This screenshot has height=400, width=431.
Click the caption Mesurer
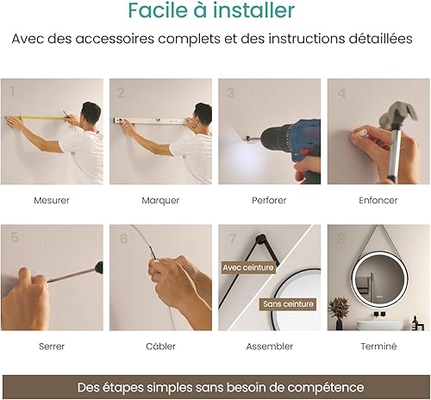(x=52, y=200)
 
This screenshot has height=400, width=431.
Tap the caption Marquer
(x=160, y=200)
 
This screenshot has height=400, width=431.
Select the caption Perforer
(x=269, y=200)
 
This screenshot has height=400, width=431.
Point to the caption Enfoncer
(x=378, y=200)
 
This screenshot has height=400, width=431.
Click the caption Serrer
(x=52, y=347)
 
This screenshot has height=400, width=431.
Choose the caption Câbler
(x=160, y=346)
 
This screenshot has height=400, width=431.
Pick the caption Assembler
(x=270, y=347)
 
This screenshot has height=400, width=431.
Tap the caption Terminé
(x=378, y=346)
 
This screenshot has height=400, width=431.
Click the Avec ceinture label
(x=248, y=267)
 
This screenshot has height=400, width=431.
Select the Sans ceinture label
(x=288, y=304)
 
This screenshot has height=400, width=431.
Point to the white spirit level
(x=149, y=121)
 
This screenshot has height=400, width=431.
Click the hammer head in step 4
(x=398, y=115)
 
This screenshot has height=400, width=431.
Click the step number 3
(x=231, y=93)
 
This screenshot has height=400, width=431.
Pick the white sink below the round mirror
(x=378, y=326)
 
